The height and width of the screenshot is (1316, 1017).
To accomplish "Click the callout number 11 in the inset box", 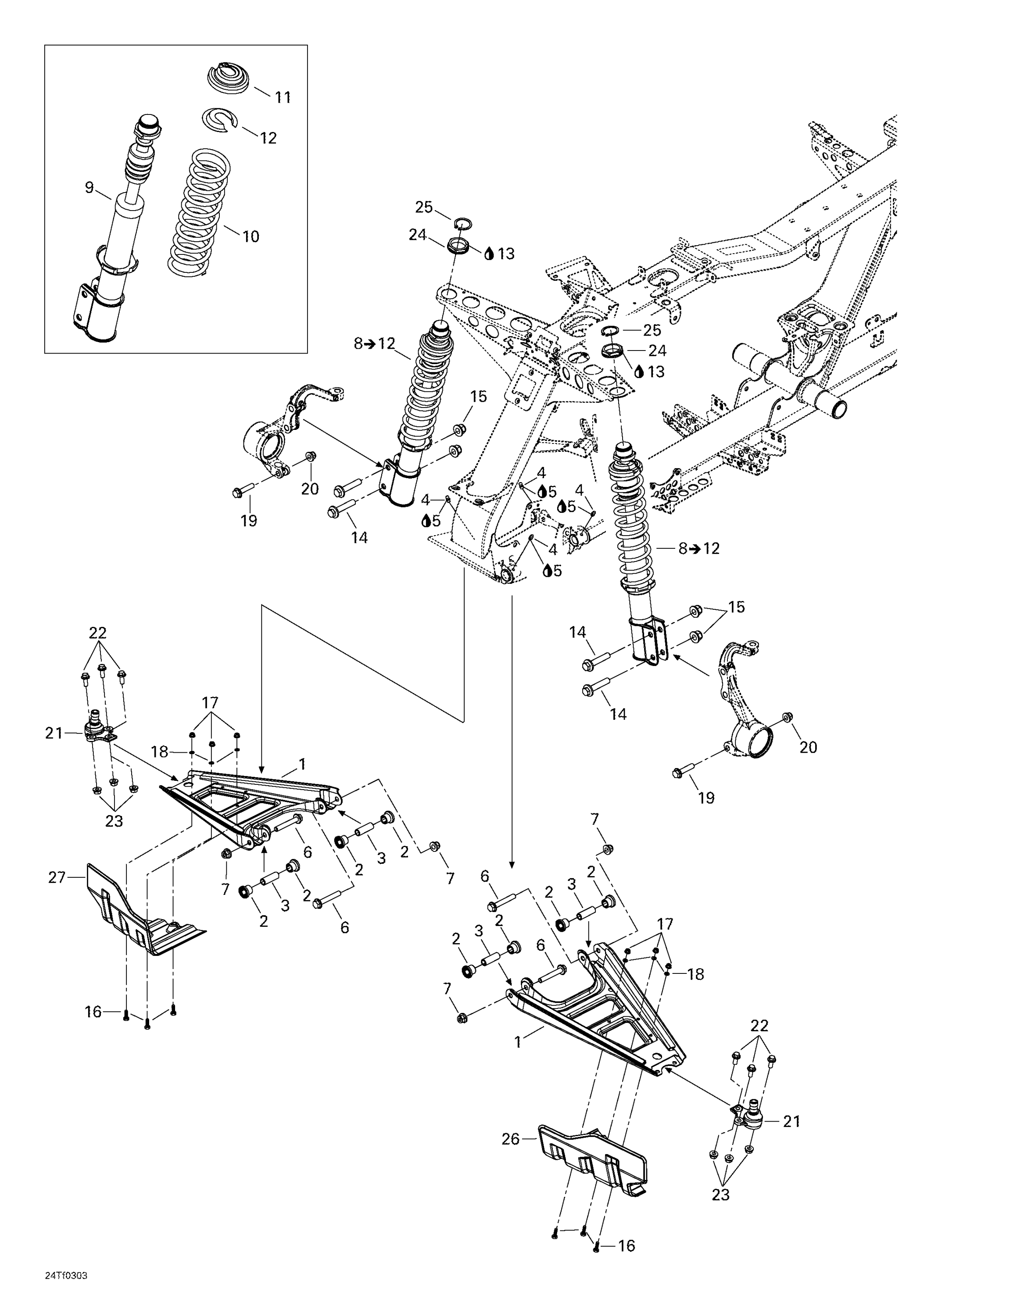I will [x=283, y=97].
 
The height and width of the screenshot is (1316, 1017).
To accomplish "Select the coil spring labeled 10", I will [x=198, y=211].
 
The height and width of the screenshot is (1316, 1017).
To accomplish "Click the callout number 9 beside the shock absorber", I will [x=89, y=187].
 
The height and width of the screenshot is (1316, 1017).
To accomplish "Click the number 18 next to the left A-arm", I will [x=160, y=752].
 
